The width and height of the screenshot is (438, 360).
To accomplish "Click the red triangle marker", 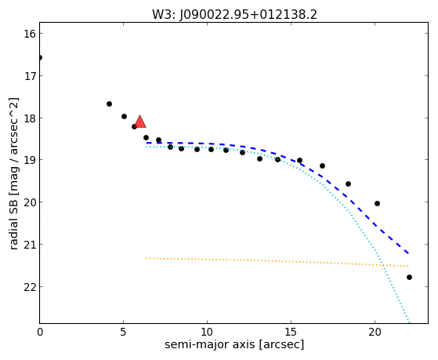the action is (x=140, y=122).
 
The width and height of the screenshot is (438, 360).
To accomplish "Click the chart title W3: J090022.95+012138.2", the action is (x=234, y=15).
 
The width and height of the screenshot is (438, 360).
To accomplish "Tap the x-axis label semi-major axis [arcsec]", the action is (x=234, y=344).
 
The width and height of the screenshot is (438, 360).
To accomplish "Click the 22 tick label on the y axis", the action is (x=30, y=287).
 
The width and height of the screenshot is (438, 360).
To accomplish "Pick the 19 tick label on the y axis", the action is (x=30, y=160).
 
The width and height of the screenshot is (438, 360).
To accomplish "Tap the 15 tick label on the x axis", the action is (x=291, y=332).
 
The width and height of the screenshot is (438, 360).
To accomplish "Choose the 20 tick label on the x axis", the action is (x=375, y=332).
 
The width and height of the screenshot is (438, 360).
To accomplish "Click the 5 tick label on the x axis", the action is (x=123, y=332).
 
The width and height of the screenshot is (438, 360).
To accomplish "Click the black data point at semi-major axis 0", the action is (x=40, y=57).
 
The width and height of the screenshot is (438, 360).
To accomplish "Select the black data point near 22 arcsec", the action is (x=409, y=277).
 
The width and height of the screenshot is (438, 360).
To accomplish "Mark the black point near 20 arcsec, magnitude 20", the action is (x=377, y=203).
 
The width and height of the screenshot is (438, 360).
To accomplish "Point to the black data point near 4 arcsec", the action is (x=109, y=104).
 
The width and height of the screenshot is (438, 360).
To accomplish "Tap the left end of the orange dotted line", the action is (x=147, y=259).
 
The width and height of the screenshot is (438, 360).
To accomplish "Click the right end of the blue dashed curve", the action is (x=408, y=253).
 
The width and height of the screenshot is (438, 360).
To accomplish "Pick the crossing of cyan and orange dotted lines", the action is (x=382, y=265).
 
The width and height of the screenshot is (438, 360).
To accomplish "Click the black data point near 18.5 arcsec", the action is (x=348, y=184).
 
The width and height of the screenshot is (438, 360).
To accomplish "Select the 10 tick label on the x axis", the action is (x=208, y=332).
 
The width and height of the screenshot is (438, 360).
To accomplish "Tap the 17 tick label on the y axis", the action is (x=30, y=76).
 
